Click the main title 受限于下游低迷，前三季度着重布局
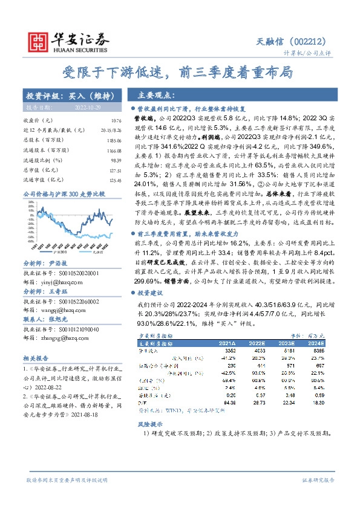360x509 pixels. point(179,73)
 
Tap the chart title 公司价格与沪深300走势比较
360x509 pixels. point(64,193)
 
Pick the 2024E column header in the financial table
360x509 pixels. point(316,342)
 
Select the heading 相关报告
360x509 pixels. point(37,358)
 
